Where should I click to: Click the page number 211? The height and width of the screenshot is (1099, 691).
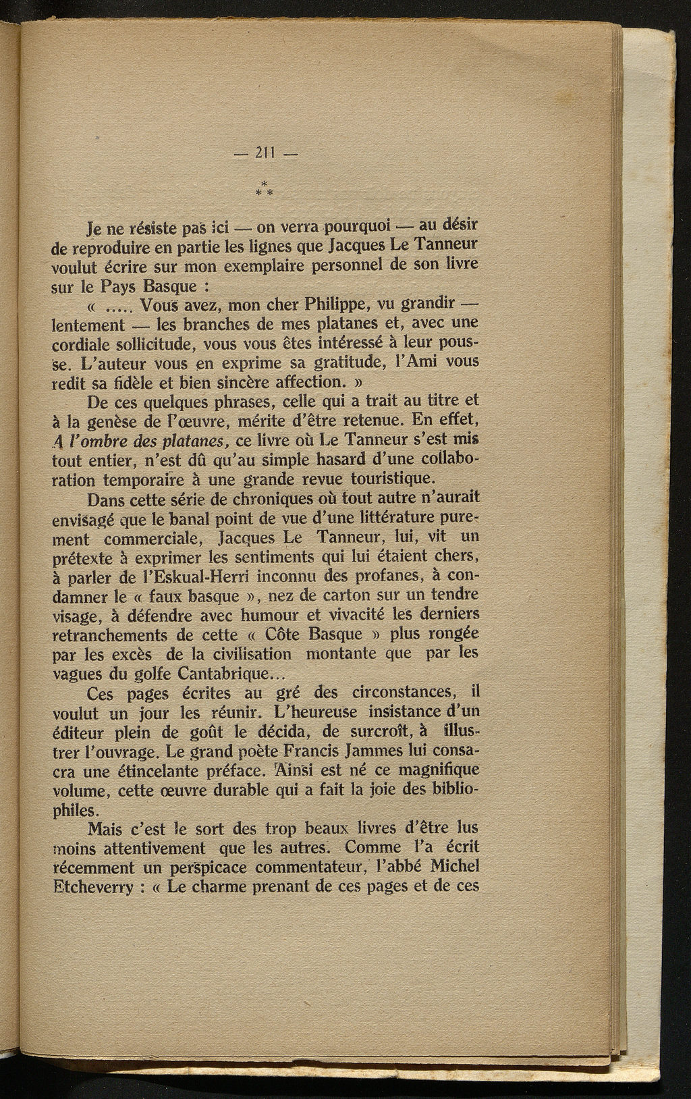pos(267,154)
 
